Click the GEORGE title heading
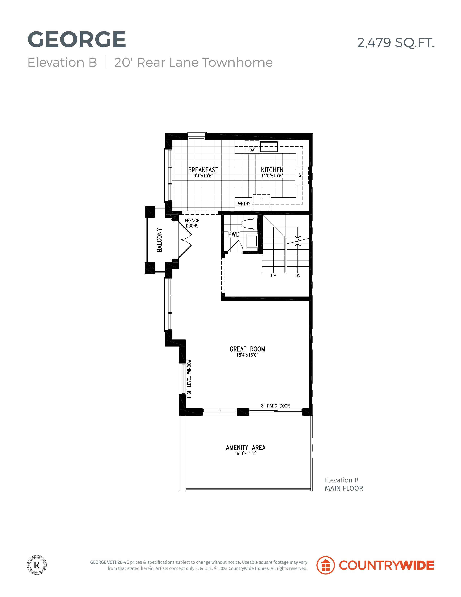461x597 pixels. coord(77,40)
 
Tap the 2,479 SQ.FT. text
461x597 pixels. coord(395,43)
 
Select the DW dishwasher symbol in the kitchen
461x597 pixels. coord(252,147)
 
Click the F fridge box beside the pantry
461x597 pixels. coord(261,202)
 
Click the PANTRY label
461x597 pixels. coord(243,204)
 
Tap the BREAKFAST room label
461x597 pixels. coord(203,170)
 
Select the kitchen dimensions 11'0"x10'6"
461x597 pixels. coord(272,176)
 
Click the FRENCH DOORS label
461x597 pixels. coord(192,223)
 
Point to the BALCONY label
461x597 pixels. coord(159,240)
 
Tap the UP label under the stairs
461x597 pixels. coord(273,275)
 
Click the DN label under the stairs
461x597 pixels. coord(298,275)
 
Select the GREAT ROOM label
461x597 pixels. coord(247,349)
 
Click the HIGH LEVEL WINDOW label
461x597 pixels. coord(189,379)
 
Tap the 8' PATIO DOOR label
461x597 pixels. coord(275,406)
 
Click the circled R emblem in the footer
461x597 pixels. coord(37,565)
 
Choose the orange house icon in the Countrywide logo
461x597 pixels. coord(326,565)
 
